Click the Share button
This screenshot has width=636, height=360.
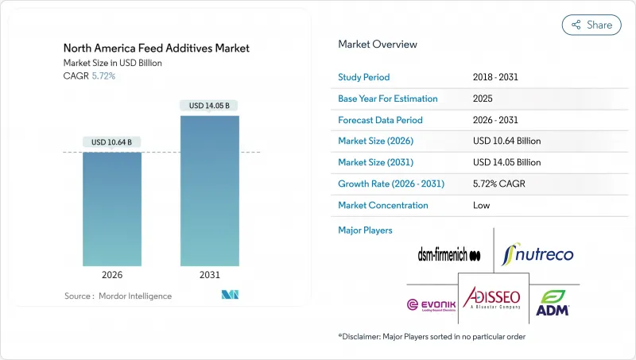click(591, 25)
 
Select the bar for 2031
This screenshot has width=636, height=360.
click(210, 191)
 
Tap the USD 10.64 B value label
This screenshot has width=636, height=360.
click(112, 142)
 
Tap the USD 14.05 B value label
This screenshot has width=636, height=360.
click(210, 106)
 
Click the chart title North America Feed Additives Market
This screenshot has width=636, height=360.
click(156, 48)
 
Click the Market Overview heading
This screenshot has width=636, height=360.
click(378, 45)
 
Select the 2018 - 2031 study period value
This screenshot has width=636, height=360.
click(496, 77)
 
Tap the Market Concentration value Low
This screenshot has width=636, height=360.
click(482, 205)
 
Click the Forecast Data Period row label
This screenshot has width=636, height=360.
click(380, 120)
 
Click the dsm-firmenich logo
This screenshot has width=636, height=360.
click(449, 255)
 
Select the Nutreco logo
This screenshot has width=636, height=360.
click(539, 254)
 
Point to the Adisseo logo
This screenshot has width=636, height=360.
click(493, 298)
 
